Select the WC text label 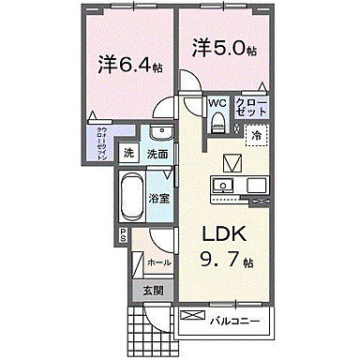click(215, 104)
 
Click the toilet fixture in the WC click(216, 121)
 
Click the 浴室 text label click(160, 198)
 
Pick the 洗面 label click(157, 154)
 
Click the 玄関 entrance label click(153, 292)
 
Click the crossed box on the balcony click(191, 317)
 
